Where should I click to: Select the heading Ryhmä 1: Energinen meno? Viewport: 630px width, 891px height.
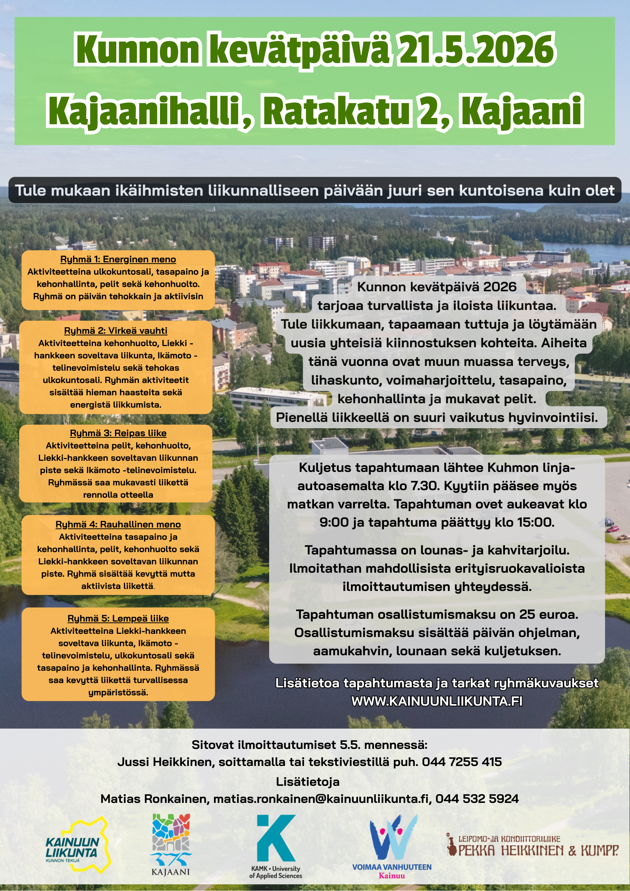coord(118,260)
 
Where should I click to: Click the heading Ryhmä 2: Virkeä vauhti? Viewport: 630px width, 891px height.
coord(116,331)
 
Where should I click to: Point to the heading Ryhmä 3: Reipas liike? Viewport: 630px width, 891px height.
coord(118,433)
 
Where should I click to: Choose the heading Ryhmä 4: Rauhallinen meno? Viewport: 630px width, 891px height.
coord(118,524)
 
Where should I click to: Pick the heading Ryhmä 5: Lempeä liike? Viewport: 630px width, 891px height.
coord(118,618)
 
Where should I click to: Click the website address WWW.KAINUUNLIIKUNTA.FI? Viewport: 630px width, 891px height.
coord(437,701)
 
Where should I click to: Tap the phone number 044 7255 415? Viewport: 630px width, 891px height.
coord(462,762)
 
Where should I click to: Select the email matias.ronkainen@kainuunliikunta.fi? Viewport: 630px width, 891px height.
coord(322,799)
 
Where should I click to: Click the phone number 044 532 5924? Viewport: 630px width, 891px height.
coord(477,799)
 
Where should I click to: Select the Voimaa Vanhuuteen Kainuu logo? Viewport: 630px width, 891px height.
coord(392,846)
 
